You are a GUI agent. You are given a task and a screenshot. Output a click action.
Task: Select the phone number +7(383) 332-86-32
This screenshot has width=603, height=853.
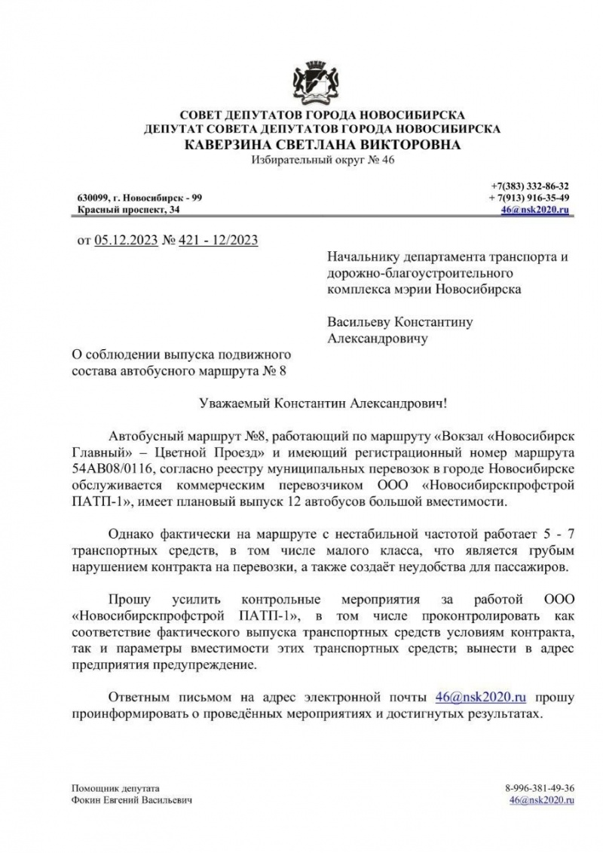click(531, 186)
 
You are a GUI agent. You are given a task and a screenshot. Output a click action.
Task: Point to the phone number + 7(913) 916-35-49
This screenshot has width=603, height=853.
click(529, 197)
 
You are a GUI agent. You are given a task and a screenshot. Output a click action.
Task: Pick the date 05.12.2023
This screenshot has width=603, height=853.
click(127, 241)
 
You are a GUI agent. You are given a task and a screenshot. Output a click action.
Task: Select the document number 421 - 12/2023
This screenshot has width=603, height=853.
click(219, 241)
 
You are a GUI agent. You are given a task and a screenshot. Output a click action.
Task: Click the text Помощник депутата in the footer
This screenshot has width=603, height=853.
click(106, 787)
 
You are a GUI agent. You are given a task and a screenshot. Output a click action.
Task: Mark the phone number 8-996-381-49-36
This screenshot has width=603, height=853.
click(541, 787)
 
